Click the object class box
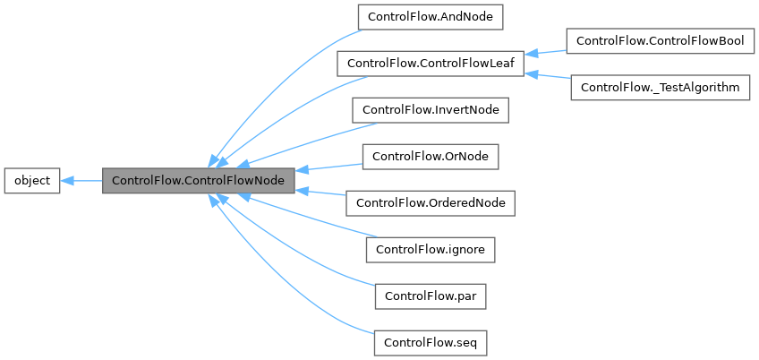pyautogui.click(x=32, y=180)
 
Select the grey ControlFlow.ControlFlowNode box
pyautogui.click(x=198, y=180)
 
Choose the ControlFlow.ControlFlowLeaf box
pyautogui.click(x=430, y=64)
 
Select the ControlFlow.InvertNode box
pyautogui.click(x=431, y=110)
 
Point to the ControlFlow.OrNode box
pyautogui.click(x=431, y=157)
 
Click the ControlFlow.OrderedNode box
pyautogui.click(x=431, y=203)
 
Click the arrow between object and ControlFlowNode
pyautogui.click(x=81, y=180)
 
